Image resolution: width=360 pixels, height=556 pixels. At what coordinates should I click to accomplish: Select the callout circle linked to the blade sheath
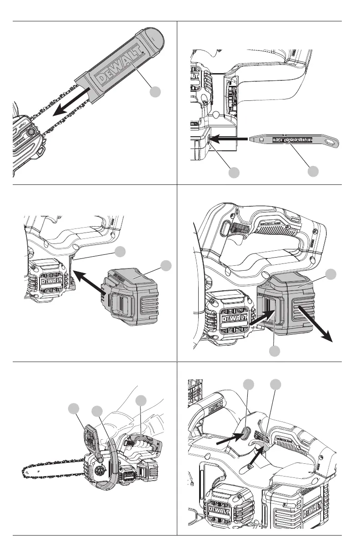point(155,92)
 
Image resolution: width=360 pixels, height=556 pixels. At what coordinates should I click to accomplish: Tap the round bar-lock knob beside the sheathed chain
point(31,132)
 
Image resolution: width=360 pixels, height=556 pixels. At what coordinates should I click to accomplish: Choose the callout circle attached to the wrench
point(313,171)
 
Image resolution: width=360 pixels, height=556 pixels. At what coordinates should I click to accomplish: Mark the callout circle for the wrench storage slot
point(234,172)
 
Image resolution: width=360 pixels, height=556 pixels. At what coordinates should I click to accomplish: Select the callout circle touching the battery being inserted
point(166,265)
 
